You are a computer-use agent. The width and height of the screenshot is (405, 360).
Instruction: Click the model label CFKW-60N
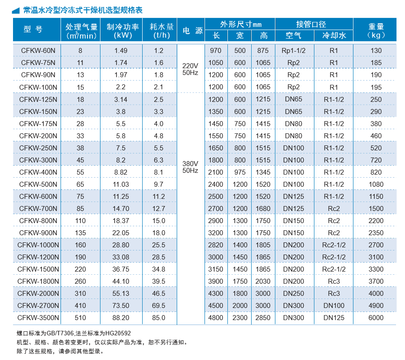tap(38, 51)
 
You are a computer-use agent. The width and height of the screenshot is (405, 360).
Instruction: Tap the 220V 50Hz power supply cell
tap(190, 69)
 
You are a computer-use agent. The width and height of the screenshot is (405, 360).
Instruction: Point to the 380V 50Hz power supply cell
tap(190, 167)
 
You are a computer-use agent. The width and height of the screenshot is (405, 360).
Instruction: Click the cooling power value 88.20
tap(121, 318)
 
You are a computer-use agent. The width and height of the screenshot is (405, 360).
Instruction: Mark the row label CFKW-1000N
tap(38, 245)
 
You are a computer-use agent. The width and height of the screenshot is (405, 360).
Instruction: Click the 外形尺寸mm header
tap(240, 24)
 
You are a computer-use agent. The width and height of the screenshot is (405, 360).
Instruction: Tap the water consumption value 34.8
tap(158, 269)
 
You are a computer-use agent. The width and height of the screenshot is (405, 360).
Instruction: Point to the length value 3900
tap(216, 281)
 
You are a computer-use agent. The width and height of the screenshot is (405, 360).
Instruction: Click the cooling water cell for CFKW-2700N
tap(334, 306)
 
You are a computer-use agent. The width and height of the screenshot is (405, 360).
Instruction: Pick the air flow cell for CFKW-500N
tap(80, 184)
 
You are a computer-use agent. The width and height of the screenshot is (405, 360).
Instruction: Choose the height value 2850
tap(264, 318)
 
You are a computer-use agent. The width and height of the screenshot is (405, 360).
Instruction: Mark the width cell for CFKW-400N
tap(240, 172)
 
